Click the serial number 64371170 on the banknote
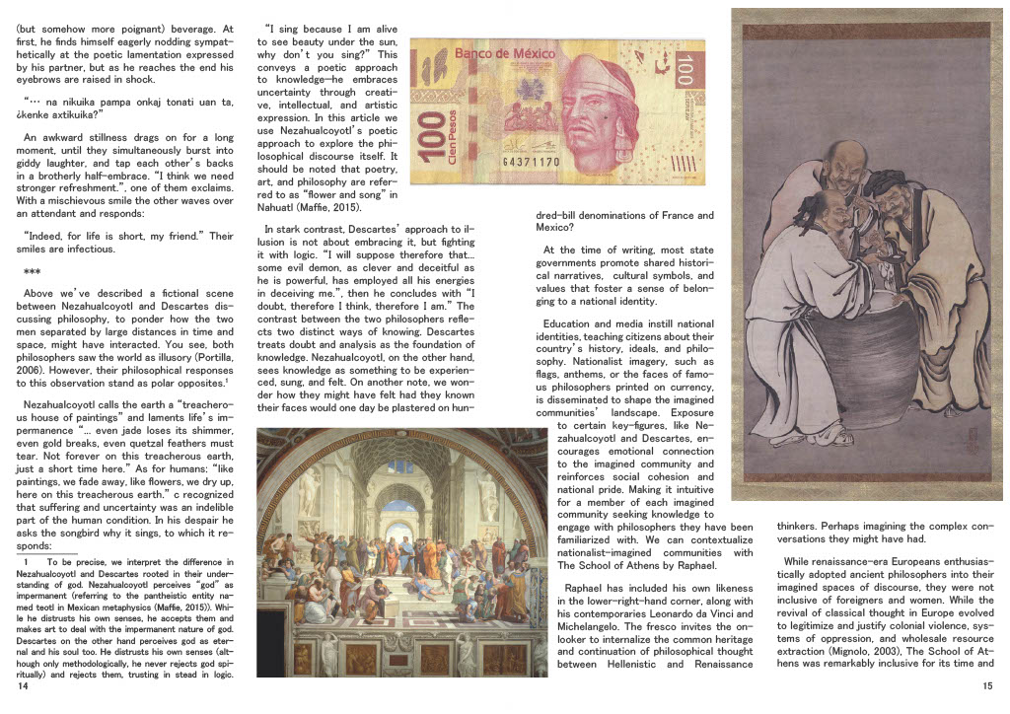[531, 161]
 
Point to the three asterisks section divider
[32, 272]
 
